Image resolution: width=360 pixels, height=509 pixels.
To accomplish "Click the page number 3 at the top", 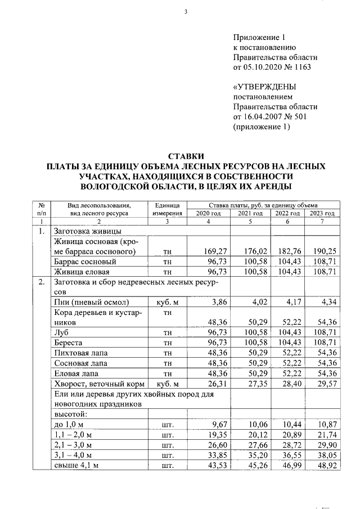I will (185, 13).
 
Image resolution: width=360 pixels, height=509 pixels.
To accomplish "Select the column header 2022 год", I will (287, 213).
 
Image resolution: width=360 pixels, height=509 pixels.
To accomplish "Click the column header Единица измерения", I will (167, 209).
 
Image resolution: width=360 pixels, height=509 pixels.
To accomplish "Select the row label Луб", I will (60, 332).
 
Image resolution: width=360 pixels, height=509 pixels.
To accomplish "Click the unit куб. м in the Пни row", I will (166, 303).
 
